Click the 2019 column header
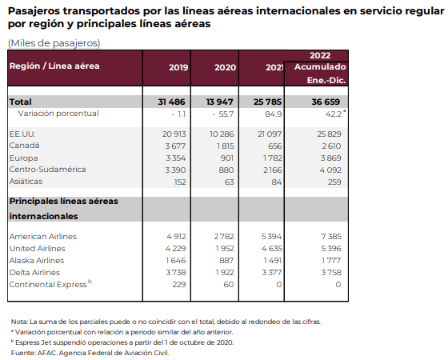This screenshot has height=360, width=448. [178, 67]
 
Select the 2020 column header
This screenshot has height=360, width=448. [225, 67]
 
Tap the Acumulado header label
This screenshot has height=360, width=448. [320, 67]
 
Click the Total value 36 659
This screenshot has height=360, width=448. [326, 102]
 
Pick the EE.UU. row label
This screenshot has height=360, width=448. [22, 134]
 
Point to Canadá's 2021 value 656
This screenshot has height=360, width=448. [274, 146]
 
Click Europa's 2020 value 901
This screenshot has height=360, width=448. [226, 158]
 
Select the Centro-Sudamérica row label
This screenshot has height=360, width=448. [47, 170]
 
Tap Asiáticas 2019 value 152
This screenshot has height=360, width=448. [180, 182]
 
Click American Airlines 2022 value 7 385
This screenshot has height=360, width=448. [331, 237]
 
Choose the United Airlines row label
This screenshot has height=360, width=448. [37, 249]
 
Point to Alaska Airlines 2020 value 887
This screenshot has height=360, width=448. [226, 261]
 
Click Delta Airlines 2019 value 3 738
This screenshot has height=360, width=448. [176, 273]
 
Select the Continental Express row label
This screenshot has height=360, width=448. [48, 285]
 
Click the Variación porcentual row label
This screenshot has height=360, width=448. [58, 114]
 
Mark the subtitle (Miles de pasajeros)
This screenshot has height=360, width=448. [54, 43]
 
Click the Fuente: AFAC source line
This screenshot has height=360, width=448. [90, 353]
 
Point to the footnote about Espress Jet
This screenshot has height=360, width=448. [122, 342]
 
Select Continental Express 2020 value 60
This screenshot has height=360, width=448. [229, 285]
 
